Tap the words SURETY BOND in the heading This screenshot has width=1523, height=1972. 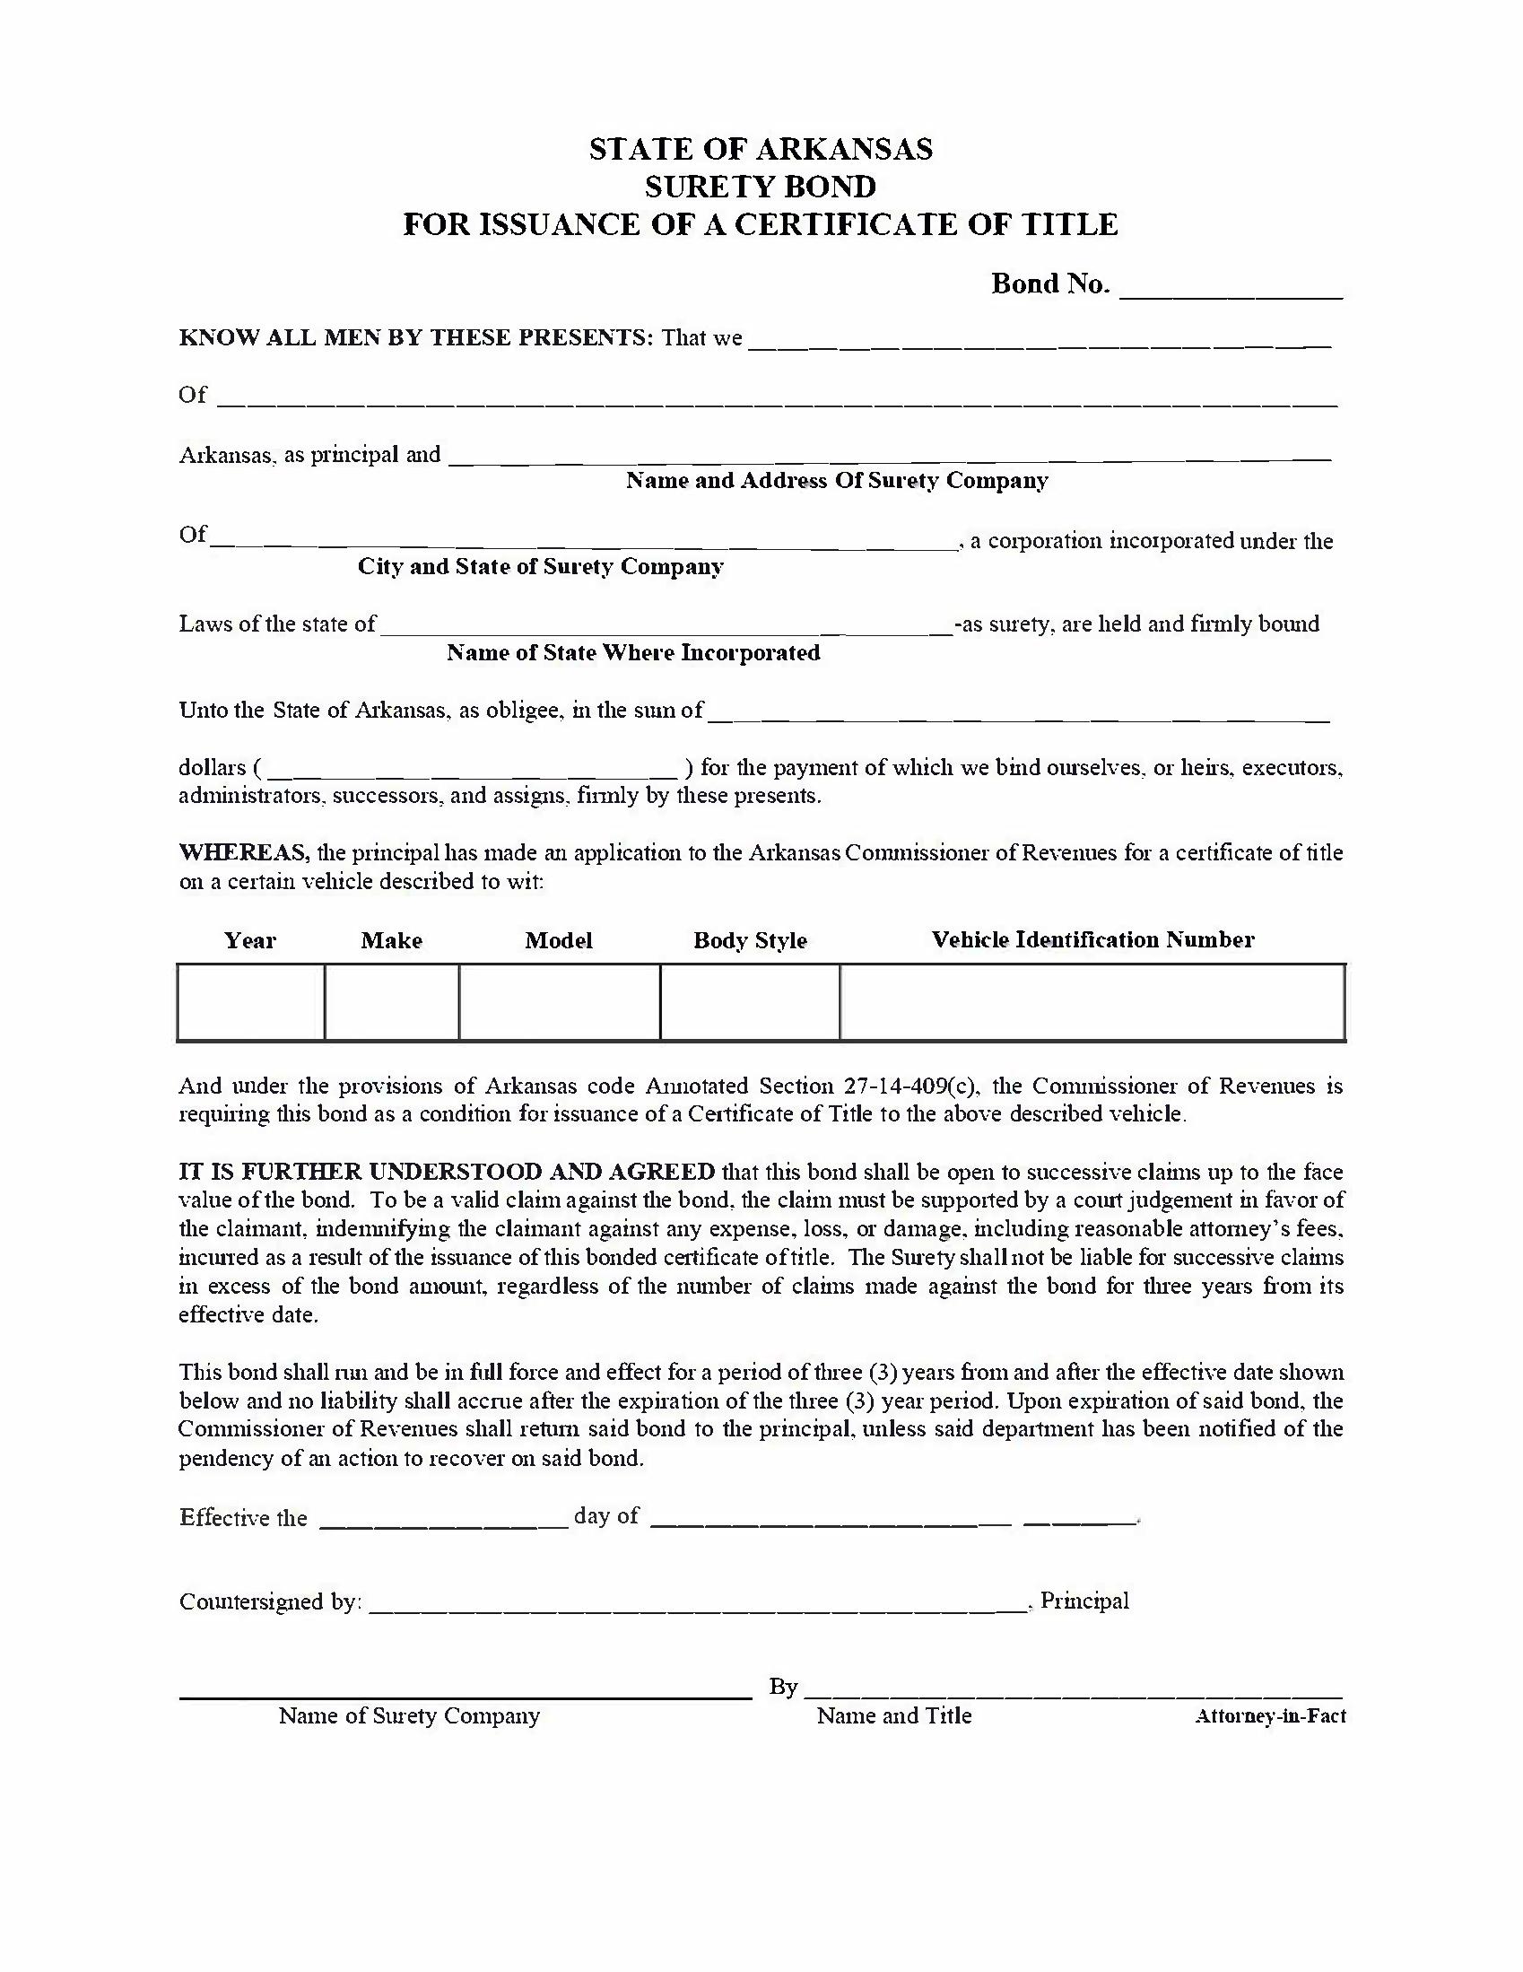tap(760, 187)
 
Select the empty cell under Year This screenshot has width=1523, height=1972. tap(251, 1002)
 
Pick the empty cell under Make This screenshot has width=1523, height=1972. tap(392, 1002)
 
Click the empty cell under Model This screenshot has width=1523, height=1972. tap(560, 1002)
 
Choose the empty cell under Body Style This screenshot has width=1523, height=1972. tap(750, 1002)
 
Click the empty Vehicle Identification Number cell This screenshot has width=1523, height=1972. tap(1092, 1002)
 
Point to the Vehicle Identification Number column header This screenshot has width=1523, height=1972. tap(1092, 940)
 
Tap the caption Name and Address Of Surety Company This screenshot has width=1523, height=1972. tap(837, 480)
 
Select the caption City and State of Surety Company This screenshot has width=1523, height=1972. tap(541, 566)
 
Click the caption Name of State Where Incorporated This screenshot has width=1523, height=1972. tap(633, 652)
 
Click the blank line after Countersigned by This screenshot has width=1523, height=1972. tap(697, 1603)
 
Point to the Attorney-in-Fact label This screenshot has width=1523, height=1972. tap(1269, 1716)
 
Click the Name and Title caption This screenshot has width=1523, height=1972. tap(893, 1715)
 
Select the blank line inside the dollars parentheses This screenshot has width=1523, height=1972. tap(473, 770)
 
